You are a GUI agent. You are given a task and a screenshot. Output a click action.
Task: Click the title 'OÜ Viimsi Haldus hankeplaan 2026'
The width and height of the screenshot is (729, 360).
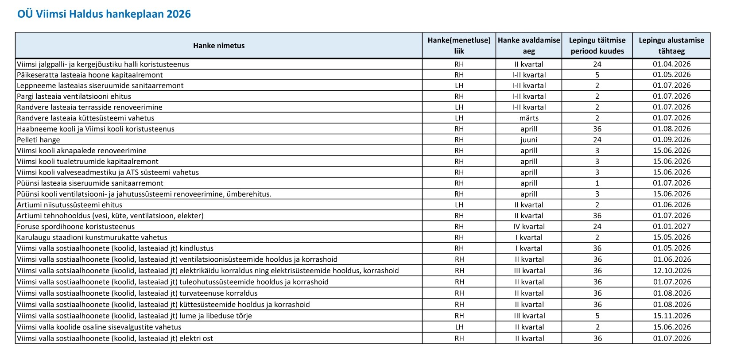pos(104,14)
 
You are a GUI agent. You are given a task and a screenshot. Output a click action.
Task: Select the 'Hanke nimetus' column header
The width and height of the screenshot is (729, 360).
pos(219,46)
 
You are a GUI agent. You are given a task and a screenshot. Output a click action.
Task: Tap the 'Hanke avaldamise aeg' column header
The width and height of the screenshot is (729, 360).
pos(529,46)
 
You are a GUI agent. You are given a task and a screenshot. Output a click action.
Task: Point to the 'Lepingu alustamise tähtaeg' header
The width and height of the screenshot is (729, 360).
pos(671,46)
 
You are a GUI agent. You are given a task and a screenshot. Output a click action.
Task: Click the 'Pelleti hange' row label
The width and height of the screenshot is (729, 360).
pos(39,140)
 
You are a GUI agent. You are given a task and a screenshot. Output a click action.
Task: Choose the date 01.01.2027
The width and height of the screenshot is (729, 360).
pos(671,227)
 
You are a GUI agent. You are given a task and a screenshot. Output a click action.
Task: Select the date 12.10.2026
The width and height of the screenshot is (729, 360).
pos(671,271)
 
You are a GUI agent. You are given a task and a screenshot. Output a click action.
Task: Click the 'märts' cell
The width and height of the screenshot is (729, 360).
pos(529,118)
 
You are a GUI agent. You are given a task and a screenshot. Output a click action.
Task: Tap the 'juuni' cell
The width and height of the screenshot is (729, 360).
pos(529,140)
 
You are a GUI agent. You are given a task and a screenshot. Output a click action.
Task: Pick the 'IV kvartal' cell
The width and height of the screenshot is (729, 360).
pos(529,227)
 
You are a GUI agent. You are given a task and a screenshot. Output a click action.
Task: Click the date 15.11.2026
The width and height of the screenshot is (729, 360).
pos(671,316)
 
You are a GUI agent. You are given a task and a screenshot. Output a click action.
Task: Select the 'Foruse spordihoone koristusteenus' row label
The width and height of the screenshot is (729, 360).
pos(76,227)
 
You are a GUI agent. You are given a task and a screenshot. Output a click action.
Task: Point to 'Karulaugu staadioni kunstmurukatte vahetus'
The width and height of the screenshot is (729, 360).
pos(92,237)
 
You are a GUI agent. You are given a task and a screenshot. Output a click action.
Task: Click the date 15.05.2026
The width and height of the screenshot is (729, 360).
pos(671,237)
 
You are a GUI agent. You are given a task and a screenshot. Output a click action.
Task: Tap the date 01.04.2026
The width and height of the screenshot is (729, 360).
pos(671,64)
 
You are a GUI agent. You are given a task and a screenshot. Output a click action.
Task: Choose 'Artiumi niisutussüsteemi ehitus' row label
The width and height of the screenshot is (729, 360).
pos(70,205)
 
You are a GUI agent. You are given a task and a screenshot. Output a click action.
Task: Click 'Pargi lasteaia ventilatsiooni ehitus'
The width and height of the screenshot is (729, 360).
pos(74,97)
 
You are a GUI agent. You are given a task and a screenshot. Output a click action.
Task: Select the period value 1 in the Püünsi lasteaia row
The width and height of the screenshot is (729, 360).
pos(597,183)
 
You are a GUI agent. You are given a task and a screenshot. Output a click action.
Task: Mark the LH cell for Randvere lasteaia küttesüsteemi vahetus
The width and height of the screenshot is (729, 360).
pos(459,118)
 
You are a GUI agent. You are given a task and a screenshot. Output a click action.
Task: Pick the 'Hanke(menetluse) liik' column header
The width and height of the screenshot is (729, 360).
pos(459,46)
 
